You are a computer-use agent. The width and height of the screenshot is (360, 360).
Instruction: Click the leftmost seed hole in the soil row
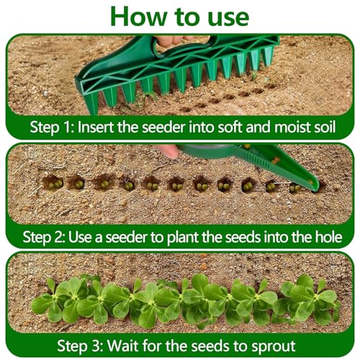coord(53,183)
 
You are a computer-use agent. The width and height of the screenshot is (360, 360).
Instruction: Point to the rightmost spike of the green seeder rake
coord(269,56)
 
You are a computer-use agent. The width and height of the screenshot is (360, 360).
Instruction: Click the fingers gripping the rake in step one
coord(173,40)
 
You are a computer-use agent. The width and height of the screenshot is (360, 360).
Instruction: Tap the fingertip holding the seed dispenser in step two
coord(168,151)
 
